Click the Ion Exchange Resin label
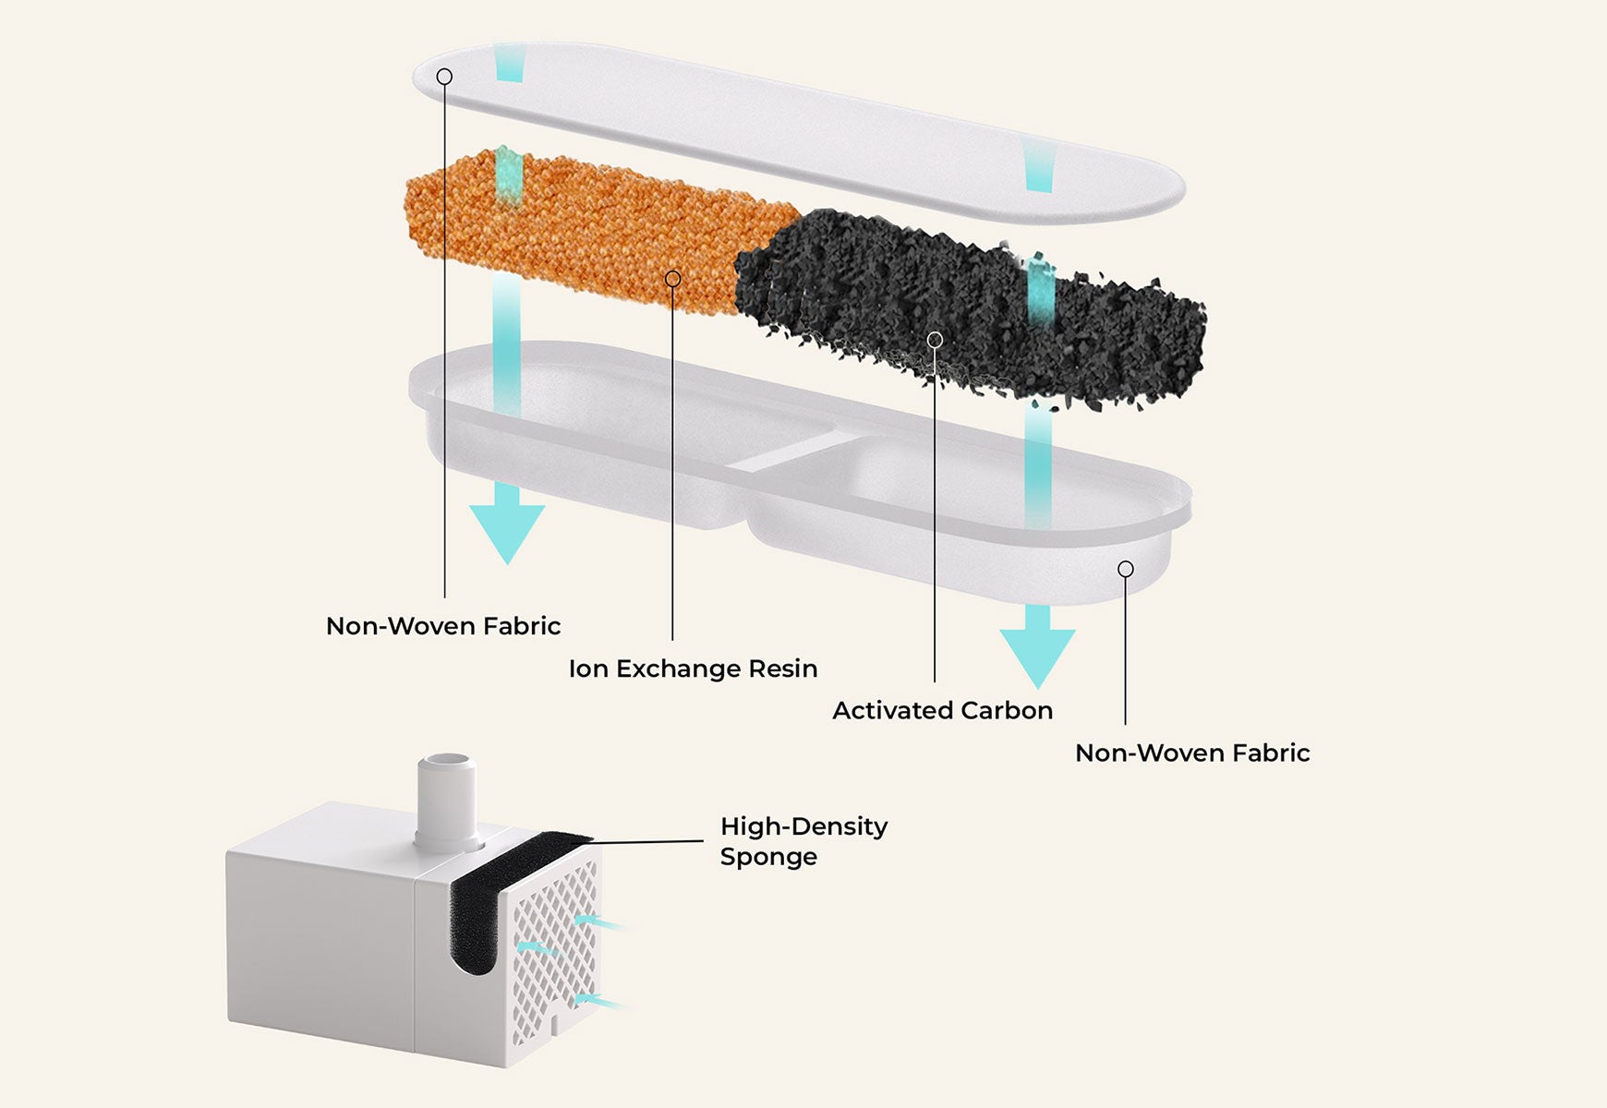(x=693, y=668)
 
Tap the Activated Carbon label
(x=942, y=710)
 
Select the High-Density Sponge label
(x=803, y=841)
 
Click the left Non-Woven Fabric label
(x=443, y=626)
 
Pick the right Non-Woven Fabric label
(x=1192, y=753)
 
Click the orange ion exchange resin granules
(x=591, y=231)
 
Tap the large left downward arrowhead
(x=507, y=531)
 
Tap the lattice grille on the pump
(x=554, y=942)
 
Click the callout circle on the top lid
(x=444, y=77)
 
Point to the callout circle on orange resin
(x=672, y=279)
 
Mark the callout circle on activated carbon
(x=935, y=340)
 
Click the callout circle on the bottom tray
(x=1125, y=569)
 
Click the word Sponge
(x=768, y=857)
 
